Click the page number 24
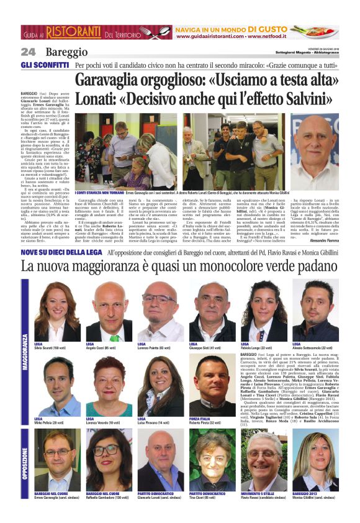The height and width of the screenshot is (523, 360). [x=28, y=52]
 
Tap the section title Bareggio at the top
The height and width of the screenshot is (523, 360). [x=66, y=52]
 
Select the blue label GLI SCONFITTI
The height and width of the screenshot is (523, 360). [x=45, y=65]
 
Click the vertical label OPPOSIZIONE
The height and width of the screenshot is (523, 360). [x=25, y=459]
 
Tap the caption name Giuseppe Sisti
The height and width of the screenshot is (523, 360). [x=205, y=348]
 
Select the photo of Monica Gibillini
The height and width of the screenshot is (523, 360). [x=316, y=460]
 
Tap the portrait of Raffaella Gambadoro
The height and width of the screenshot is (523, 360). [x=109, y=460]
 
